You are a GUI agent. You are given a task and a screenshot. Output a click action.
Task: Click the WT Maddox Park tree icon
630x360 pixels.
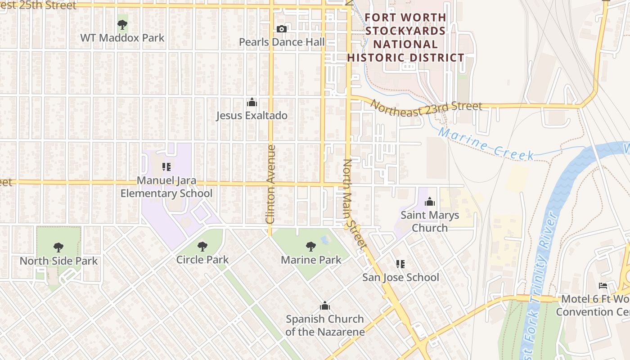click(x=122, y=24)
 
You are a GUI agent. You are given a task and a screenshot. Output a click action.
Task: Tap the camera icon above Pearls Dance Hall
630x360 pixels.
click(x=282, y=29)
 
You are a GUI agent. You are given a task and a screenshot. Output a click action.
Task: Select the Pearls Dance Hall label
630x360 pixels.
click(x=282, y=42)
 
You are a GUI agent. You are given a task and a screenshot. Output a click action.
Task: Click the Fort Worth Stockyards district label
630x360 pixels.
click(x=405, y=38)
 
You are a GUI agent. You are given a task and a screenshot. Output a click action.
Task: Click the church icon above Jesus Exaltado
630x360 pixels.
click(x=252, y=103)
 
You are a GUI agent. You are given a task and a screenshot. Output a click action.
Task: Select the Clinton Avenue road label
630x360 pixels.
click(x=270, y=184)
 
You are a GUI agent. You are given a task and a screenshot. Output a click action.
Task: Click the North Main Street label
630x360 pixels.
click(x=354, y=203)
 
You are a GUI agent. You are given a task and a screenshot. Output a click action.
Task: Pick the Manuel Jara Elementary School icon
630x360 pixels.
click(x=166, y=167)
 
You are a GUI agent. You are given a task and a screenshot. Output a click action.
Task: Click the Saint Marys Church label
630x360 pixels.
click(x=430, y=221)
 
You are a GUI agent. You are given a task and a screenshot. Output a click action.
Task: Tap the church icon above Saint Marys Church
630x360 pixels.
click(x=430, y=202)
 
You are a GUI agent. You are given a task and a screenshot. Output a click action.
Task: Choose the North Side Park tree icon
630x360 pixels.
click(x=58, y=247)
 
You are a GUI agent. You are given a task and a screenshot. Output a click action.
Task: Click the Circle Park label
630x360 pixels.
click(x=202, y=260)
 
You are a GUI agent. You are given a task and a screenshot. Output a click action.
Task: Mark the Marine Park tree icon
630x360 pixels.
click(x=310, y=246)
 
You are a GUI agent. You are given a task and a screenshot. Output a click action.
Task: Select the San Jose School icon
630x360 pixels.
click(x=400, y=264)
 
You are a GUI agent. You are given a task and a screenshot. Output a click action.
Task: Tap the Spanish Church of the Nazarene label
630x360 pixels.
click(x=325, y=325)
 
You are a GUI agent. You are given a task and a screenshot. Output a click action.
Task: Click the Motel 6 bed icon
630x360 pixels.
click(x=603, y=286)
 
